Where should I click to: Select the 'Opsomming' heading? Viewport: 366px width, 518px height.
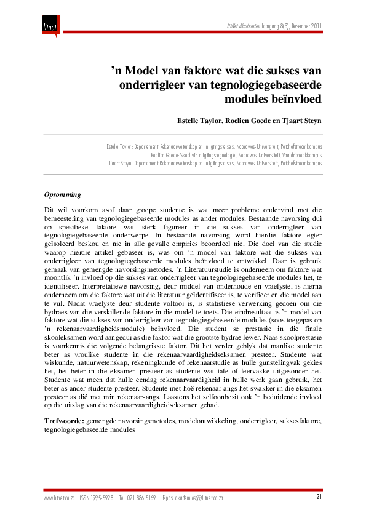62,195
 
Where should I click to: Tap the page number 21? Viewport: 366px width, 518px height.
318,496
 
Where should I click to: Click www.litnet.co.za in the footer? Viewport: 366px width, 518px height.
59,497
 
